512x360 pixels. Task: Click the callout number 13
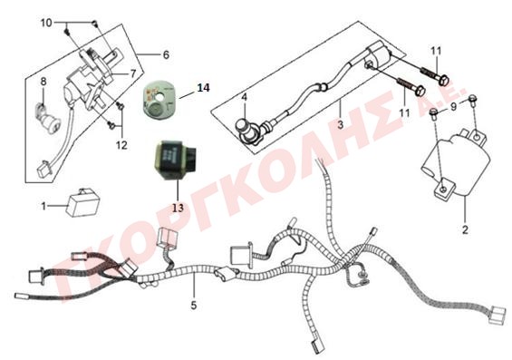pyautogui.click(x=178, y=208)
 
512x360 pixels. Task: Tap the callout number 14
pyautogui.click(x=203, y=88)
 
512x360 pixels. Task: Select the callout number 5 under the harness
pyautogui.click(x=194, y=306)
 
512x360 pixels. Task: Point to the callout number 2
pyautogui.click(x=465, y=229)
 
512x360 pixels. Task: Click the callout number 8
pyautogui.click(x=43, y=82)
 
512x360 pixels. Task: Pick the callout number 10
pyautogui.click(x=46, y=23)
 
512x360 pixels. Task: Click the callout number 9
pyautogui.click(x=453, y=106)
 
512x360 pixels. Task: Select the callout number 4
pyautogui.click(x=245, y=97)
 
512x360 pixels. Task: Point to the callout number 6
pyautogui.click(x=166, y=54)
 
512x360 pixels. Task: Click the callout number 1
pyautogui.click(x=43, y=206)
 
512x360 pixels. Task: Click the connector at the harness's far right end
pyautogui.click(x=498, y=315)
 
